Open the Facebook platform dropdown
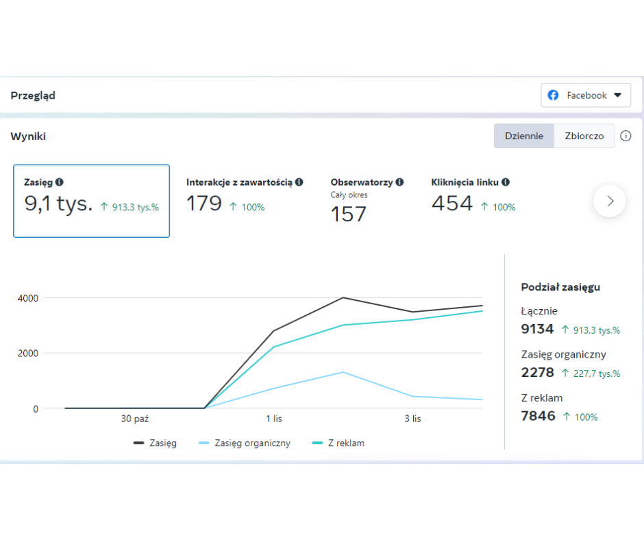coord(586,95)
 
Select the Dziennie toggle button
coord(524,136)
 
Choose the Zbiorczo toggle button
coord(584,136)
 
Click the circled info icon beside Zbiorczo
coord(626,136)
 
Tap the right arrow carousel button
coord(610,201)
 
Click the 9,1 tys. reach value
coord(58,204)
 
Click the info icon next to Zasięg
coord(60,182)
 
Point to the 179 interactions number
coord(204,204)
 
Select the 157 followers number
coord(348,214)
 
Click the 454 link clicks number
coord(452,204)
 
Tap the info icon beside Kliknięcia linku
coord(506,182)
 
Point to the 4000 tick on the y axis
coord(28,298)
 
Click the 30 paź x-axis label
coord(135,419)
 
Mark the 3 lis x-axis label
coord(412,419)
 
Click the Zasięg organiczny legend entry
coord(245,443)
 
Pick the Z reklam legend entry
coord(338,443)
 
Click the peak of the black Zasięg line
coord(343,297)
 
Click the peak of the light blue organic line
coord(343,372)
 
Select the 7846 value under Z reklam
coord(538,416)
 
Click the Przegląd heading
coord(33,96)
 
